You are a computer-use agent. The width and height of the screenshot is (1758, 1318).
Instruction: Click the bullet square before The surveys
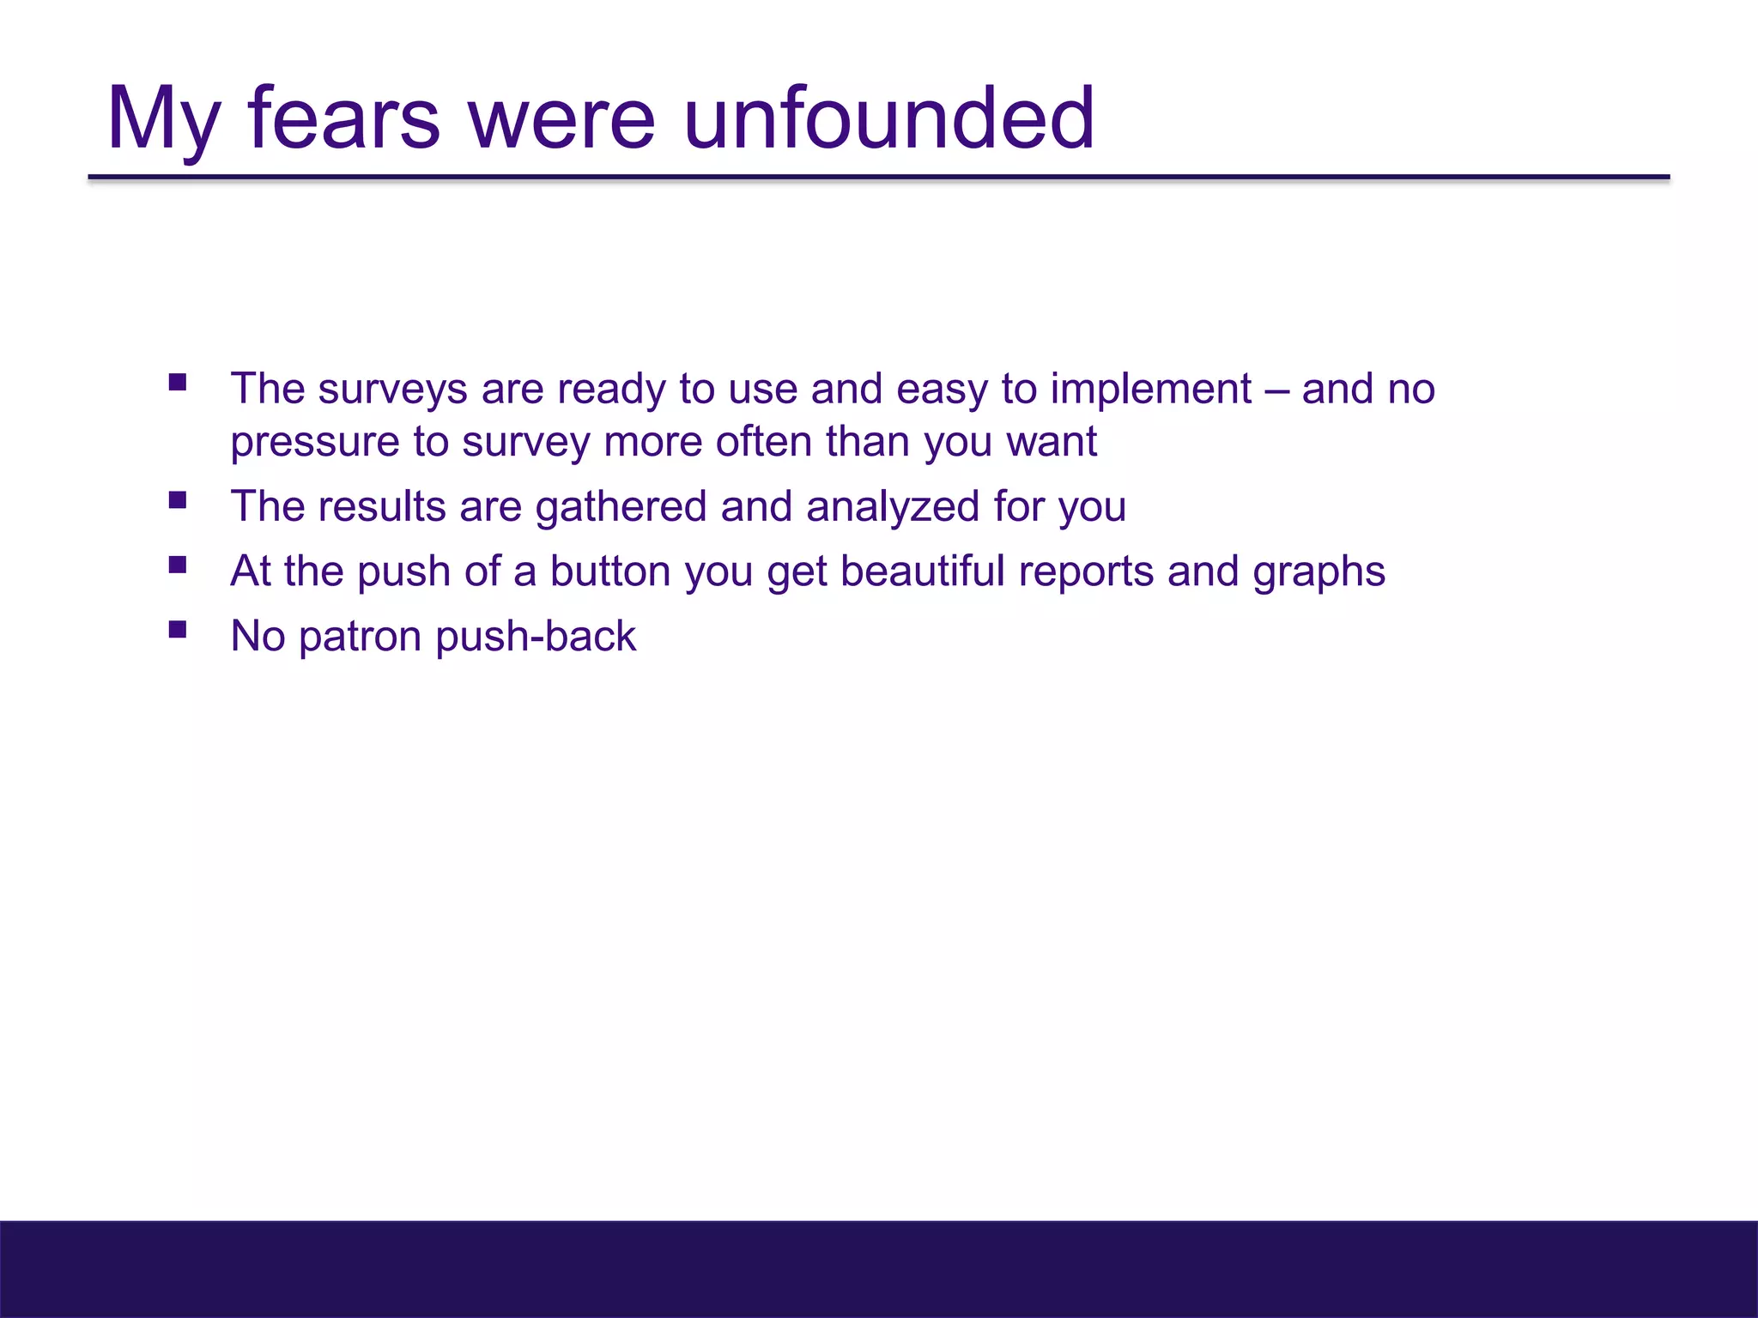tap(178, 382)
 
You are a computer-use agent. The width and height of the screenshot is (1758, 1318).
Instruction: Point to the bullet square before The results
tap(178, 499)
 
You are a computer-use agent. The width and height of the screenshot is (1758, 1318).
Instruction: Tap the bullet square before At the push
tap(178, 565)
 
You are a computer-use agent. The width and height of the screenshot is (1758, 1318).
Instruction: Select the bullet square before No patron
tap(178, 630)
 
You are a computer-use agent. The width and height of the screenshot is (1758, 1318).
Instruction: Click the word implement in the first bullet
tap(1150, 390)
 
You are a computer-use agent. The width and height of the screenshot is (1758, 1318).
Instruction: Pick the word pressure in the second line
tap(314, 444)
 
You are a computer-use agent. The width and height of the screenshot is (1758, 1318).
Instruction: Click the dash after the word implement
tap(1276, 390)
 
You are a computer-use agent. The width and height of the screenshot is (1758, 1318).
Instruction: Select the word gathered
tap(621, 506)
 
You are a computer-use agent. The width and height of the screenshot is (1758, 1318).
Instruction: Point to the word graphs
tap(1318, 572)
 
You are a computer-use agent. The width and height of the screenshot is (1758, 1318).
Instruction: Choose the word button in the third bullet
tap(610, 571)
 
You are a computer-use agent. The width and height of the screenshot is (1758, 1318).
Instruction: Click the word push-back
tap(536, 637)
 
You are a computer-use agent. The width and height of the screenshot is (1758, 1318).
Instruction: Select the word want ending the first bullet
tap(1052, 444)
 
